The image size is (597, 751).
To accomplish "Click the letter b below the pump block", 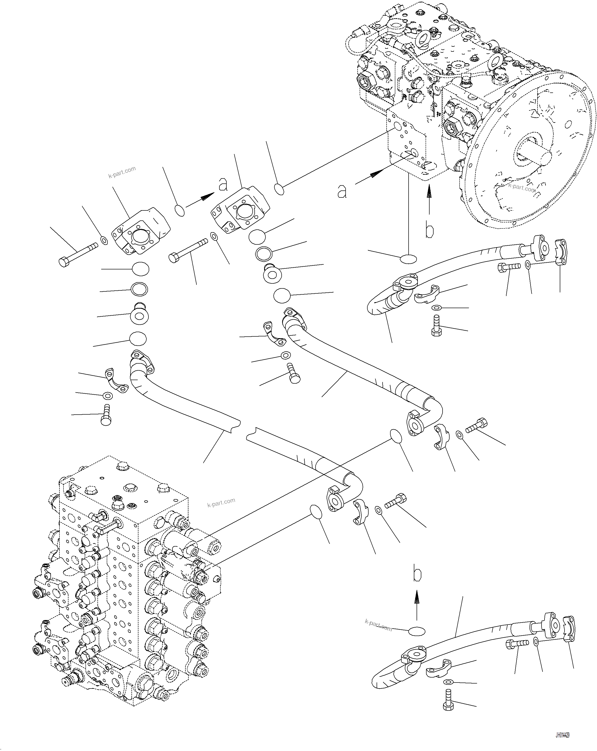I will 430,231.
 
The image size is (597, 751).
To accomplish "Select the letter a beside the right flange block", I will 223,184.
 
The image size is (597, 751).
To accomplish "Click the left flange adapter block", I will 140,232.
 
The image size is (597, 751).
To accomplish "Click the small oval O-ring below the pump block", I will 408,259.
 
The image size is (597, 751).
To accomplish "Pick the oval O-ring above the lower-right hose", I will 417,632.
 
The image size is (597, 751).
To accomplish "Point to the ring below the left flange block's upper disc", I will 139,289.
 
